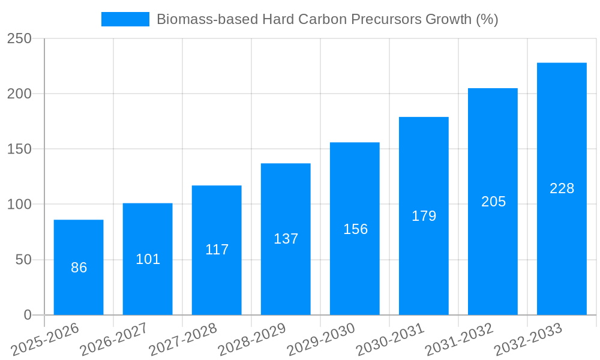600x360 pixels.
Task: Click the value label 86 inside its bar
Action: tap(79, 268)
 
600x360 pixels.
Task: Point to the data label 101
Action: tap(148, 259)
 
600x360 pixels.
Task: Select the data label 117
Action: tap(217, 250)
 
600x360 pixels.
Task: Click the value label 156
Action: tap(355, 229)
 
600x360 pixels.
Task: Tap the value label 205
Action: tap(493, 202)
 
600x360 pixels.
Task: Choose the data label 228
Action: tap(562, 188)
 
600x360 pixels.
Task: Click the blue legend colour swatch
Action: tap(125, 19)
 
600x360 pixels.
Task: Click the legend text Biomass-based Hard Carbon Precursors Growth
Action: tap(327, 19)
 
